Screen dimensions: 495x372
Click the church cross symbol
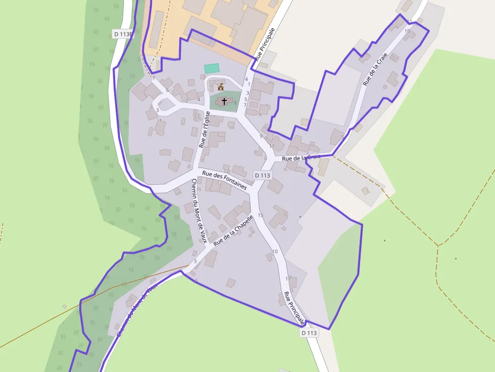pos(224,101)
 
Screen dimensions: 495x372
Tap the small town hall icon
pos(221,87)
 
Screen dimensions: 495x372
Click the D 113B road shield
pos(123,34)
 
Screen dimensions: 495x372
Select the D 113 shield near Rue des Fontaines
pos(263,175)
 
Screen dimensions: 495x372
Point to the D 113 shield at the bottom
pos(309,333)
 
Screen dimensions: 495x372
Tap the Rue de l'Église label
pos(204,129)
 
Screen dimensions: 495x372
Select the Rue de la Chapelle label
pos(233,231)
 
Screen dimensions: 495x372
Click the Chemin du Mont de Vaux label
pos(199,210)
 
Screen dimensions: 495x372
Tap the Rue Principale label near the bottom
pos(294,307)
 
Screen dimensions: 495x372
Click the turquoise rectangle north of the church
pos(212,68)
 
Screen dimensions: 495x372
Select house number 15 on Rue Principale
pos(261,216)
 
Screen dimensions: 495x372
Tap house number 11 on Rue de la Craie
pos(409,21)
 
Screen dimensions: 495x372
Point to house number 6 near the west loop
pos(167,90)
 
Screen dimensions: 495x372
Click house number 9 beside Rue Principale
pos(261,136)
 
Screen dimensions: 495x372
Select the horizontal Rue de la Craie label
pos(301,157)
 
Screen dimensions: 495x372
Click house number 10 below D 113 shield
pos(275,251)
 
